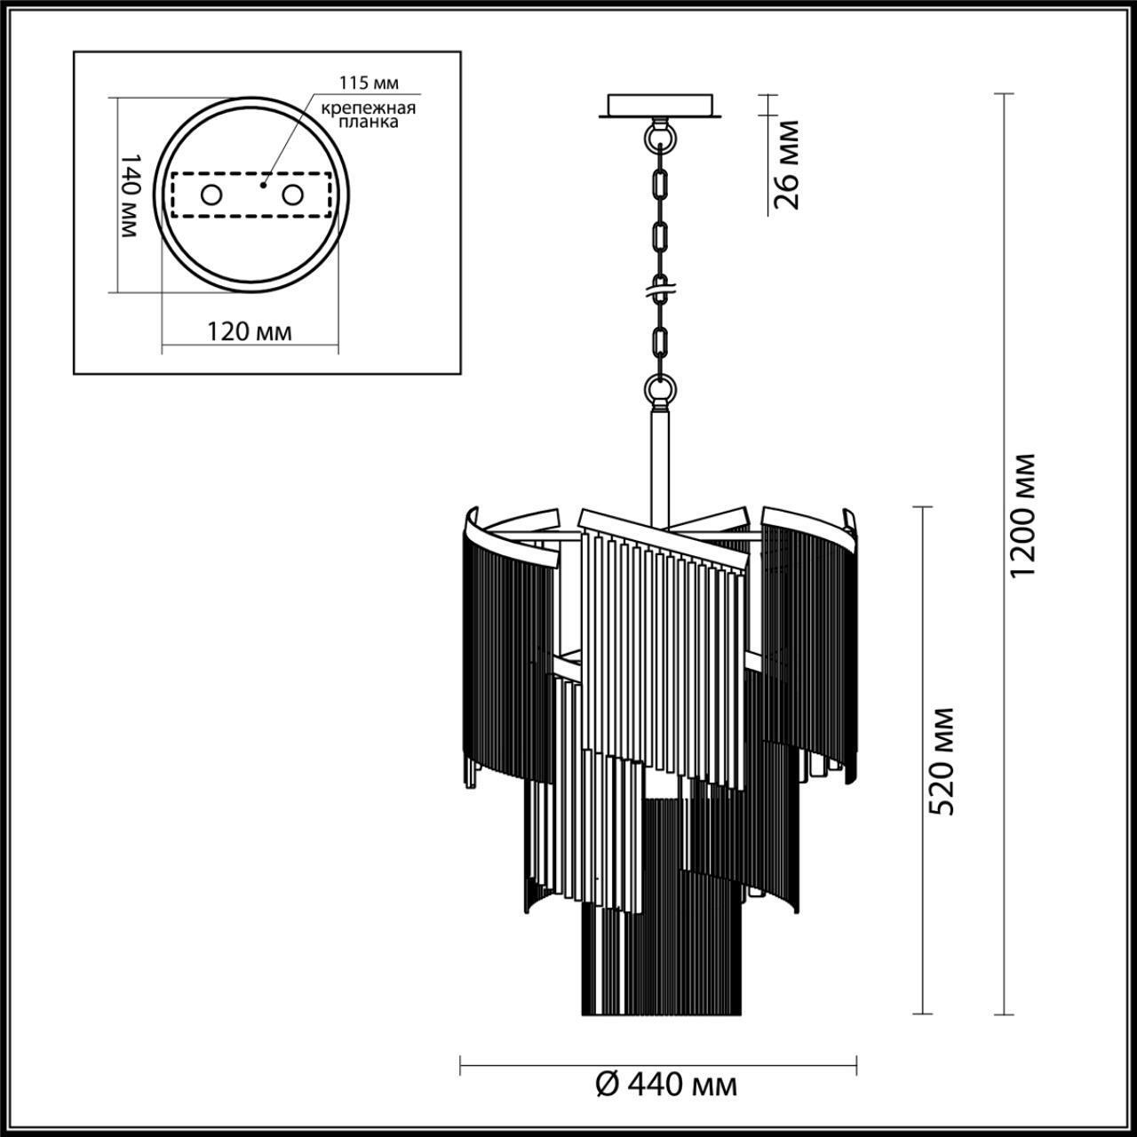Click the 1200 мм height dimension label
[x=1024, y=515]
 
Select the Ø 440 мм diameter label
[x=665, y=1085]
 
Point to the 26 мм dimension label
[x=785, y=164]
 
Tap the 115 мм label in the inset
[x=369, y=83]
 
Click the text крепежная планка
[x=369, y=115]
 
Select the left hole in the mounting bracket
[x=211, y=195]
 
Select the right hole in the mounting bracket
[x=292, y=195]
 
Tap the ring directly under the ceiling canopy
[x=659, y=139]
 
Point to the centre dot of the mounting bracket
[x=264, y=187]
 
